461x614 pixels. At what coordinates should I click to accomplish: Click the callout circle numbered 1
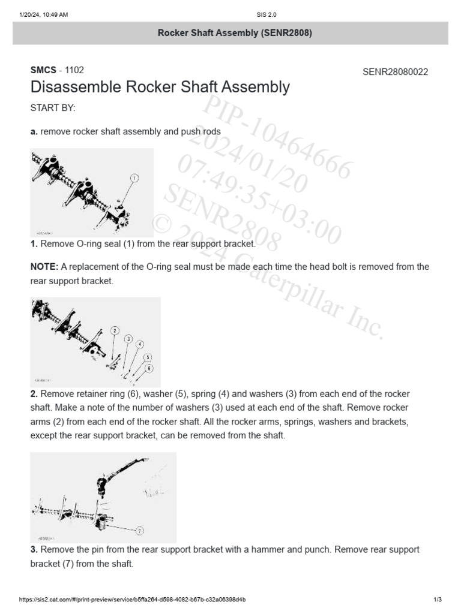pos(134,178)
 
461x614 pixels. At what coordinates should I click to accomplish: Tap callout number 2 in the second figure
pos(115,330)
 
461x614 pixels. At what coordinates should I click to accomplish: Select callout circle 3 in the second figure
pos(128,339)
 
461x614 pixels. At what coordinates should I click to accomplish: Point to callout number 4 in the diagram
pos(139,344)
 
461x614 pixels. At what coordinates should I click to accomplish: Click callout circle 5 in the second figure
pos(148,357)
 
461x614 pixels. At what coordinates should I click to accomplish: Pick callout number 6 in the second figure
pos(149,368)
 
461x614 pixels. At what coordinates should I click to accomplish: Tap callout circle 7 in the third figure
pos(139,531)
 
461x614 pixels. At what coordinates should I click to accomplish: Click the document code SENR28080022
pos(395,72)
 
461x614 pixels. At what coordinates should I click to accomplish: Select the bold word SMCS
pos(43,70)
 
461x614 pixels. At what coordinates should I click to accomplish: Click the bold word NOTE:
pos(44,267)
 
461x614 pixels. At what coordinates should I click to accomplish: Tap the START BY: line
pos(53,108)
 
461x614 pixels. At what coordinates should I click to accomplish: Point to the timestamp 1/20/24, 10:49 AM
pos(44,15)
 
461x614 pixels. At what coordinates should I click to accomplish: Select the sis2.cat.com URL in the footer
pos(132,600)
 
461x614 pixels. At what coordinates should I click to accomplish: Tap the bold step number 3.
pos(34,549)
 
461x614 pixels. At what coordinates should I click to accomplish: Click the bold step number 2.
pos(34,394)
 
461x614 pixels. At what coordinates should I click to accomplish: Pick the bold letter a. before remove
pos(34,131)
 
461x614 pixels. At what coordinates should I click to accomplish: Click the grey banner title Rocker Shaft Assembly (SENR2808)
pos(234,33)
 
